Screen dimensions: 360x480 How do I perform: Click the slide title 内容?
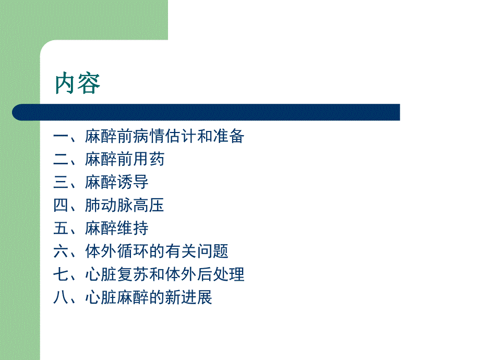click(78, 83)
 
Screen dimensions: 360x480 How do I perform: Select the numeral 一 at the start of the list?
click(61, 137)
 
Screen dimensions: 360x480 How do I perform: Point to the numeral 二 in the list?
click(61, 160)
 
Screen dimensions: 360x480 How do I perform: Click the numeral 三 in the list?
click(61, 183)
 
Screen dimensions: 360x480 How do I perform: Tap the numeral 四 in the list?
click(61, 206)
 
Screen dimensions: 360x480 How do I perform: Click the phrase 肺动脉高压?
click(125, 206)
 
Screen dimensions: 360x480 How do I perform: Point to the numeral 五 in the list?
click(61, 229)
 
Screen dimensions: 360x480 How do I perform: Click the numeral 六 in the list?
click(61, 251)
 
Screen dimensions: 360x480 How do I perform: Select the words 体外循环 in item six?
click(117, 251)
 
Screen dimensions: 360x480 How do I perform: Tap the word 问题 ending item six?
click(212, 251)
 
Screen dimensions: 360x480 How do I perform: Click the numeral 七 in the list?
click(61, 274)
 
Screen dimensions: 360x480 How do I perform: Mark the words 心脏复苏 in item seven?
click(117, 274)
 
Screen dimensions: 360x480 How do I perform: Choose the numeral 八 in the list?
click(61, 297)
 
